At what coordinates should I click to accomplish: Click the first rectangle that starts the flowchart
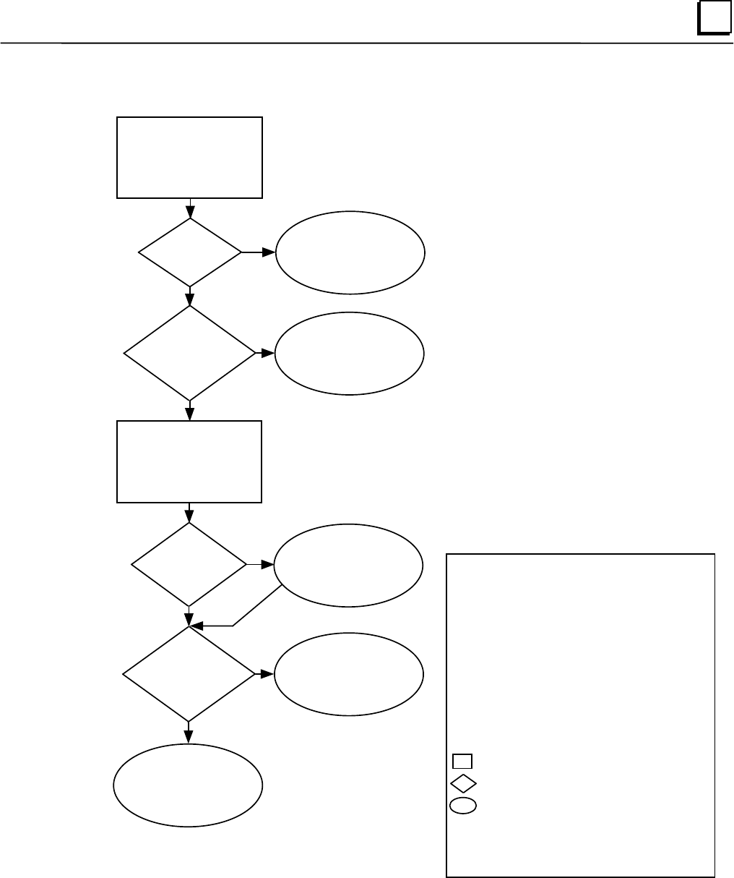click(x=189, y=157)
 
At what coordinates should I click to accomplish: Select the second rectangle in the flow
click(x=189, y=461)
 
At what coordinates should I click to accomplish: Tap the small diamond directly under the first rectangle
click(x=190, y=252)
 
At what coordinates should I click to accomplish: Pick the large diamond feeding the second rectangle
click(x=190, y=353)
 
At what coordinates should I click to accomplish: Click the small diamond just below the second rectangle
click(x=189, y=564)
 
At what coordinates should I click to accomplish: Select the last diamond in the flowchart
click(x=189, y=674)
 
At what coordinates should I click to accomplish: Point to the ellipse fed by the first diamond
click(x=350, y=252)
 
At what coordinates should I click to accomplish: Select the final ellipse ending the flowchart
click(x=189, y=785)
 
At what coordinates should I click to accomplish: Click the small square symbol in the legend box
click(x=462, y=761)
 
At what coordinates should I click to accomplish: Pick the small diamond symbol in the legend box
click(x=463, y=783)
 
